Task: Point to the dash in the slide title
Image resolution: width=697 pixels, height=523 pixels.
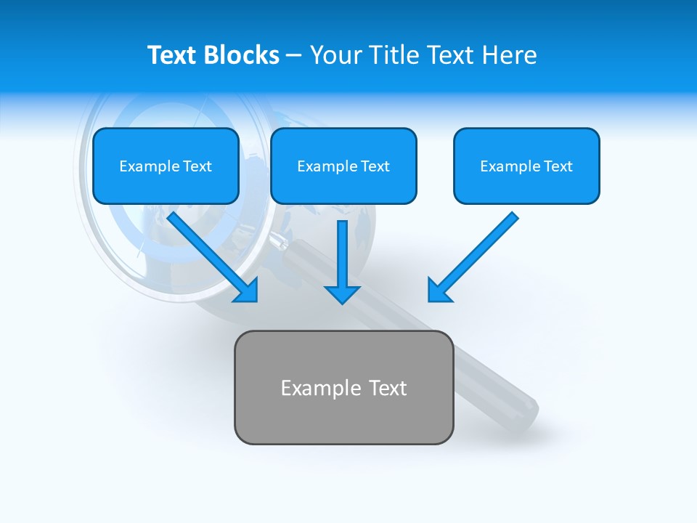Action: click(x=294, y=56)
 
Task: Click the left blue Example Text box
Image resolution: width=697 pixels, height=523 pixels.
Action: click(x=166, y=166)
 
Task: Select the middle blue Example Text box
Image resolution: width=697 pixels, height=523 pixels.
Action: click(x=343, y=166)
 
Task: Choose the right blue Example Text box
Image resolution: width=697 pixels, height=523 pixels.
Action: click(x=526, y=166)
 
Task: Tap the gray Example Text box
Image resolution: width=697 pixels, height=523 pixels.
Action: click(x=343, y=387)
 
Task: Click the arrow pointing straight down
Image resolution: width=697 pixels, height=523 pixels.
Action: click(x=342, y=258)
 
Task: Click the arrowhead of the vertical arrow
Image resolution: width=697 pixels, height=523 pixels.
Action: click(x=342, y=293)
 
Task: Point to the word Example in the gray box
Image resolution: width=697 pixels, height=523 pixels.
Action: click(x=321, y=388)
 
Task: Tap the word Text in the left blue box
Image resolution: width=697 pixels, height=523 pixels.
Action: click(x=197, y=166)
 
